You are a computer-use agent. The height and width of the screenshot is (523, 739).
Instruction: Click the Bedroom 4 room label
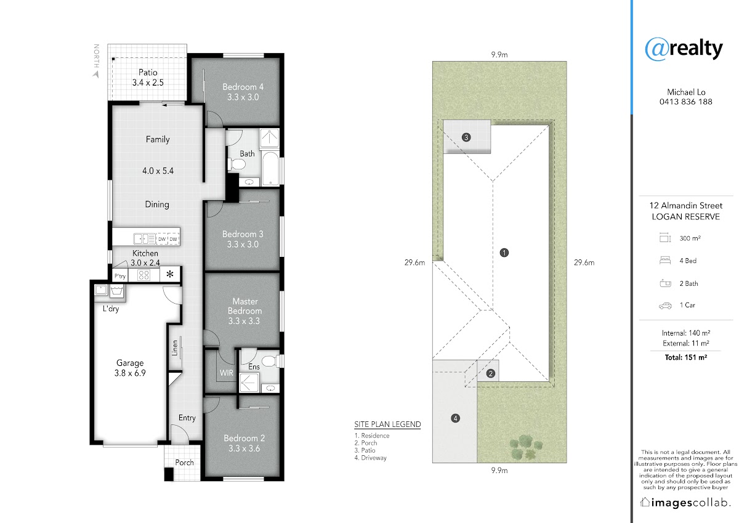tap(243, 92)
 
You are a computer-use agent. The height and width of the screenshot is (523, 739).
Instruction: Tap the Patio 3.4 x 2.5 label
tap(148, 78)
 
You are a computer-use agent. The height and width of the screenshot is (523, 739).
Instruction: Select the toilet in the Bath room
tap(236, 164)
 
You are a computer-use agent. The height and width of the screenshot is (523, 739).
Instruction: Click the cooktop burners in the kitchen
tap(144, 275)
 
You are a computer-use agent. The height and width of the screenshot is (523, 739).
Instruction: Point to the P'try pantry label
tap(120, 276)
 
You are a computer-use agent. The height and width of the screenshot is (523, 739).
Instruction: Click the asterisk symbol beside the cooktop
tap(170, 274)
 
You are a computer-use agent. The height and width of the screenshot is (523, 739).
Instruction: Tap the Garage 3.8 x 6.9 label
tap(130, 368)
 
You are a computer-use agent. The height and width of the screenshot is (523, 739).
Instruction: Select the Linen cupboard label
tap(175, 348)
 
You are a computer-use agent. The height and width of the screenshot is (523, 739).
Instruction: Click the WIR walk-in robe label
tap(227, 373)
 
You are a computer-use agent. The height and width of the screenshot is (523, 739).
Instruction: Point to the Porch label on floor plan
tap(184, 463)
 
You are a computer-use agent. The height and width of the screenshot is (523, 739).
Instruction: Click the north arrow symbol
tap(96, 75)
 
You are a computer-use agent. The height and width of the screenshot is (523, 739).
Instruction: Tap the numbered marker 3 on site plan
tap(466, 137)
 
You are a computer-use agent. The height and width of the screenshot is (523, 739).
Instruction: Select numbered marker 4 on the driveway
tap(455, 418)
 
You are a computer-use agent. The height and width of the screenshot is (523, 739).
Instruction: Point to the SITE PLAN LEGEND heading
tap(387, 424)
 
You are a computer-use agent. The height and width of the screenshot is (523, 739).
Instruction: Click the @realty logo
tap(684, 49)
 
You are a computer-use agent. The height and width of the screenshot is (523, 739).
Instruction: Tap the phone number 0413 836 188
tap(686, 102)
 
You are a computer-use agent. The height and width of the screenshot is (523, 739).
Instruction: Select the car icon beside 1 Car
tap(665, 306)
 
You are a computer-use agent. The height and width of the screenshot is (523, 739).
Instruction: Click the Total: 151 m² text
tap(686, 357)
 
